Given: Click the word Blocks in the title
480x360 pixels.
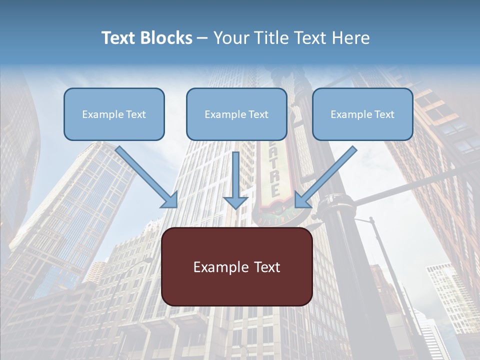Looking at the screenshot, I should click(x=167, y=38).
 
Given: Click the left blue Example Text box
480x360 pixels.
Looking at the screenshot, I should click(x=114, y=114).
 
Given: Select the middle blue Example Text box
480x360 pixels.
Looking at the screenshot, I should click(x=236, y=114).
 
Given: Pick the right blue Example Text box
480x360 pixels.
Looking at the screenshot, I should click(x=362, y=114).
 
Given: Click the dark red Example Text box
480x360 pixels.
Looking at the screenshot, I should click(x=237, y=267).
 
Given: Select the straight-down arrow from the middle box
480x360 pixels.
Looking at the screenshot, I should click(x=235, y=175).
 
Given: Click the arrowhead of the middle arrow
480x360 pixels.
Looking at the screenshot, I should click(x=235, y=202).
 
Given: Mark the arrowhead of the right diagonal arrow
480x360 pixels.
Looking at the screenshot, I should click(x=302, y=199).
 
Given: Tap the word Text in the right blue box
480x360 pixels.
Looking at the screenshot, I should click(x=384, y=114).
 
